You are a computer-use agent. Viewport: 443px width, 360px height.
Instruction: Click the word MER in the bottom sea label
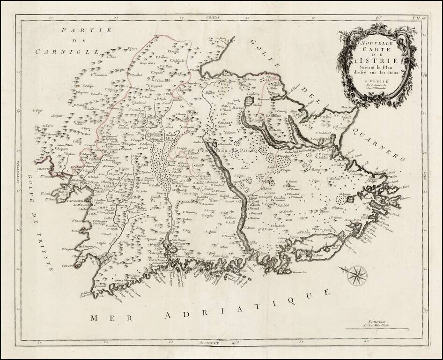100,318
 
